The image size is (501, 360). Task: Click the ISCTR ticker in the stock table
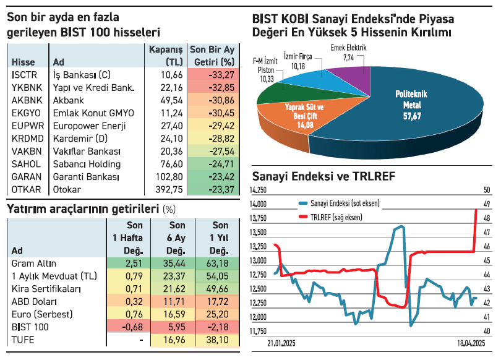pyautogui.click(x=23, y=74)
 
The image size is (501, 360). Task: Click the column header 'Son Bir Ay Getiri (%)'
pyautogui.click(x=213, y=55)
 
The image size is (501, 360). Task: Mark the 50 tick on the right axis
pyautogui.click(x=487, y=190)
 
